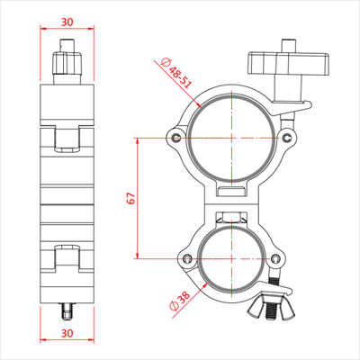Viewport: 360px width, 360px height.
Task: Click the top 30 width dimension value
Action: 67,22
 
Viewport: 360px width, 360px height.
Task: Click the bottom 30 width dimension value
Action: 67,333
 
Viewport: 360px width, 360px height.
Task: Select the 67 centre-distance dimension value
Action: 131,198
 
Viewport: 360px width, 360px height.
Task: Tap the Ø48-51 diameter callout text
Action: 175,73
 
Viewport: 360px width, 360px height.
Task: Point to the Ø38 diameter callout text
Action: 180,301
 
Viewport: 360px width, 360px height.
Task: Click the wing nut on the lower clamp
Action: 272,308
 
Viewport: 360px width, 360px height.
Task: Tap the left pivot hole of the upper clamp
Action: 176,138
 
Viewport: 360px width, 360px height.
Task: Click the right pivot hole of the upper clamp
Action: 287,137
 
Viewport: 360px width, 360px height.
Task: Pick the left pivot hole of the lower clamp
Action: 188,258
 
